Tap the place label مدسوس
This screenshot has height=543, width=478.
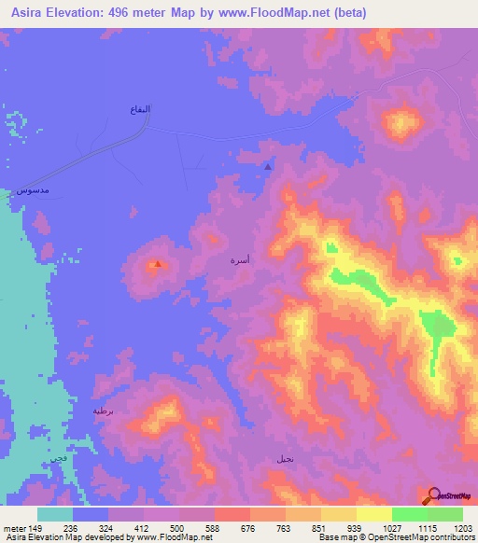(34, 191)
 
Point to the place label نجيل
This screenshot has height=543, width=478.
(285, 459)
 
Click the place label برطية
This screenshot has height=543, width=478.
(103, 411)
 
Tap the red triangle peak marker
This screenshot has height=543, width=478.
(158, 263)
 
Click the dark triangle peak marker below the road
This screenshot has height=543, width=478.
(269, 167)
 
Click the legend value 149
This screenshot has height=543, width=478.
(35, 527)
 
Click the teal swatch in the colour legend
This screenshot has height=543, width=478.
(55, 514)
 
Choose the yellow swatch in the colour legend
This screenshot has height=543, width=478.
(373, 514)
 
